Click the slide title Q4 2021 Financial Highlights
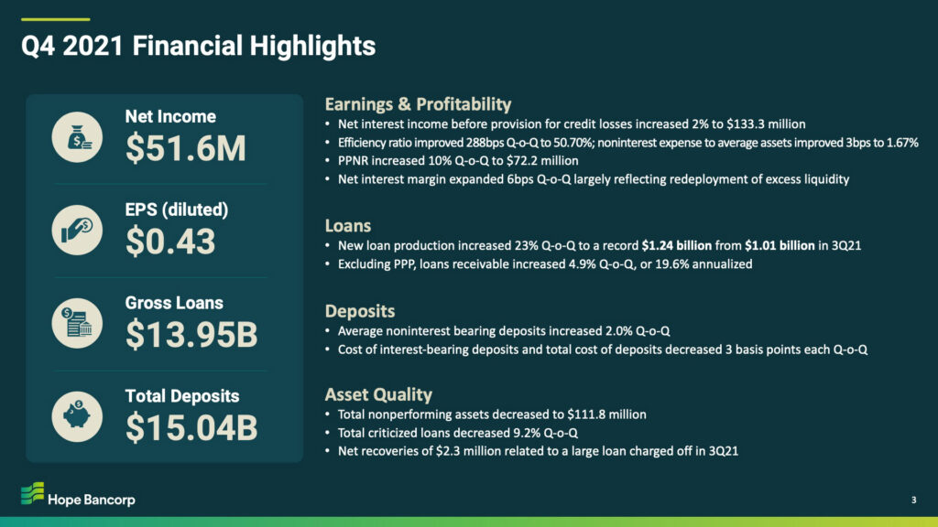pos(198,46)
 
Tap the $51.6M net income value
pos(185,148)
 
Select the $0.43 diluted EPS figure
pos(170,242)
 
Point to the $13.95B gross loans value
pos(191,335)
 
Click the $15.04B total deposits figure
pos(191,428)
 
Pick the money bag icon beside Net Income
pos(77,137)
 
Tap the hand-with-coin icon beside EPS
pos(77,230)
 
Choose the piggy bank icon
pos(77,416)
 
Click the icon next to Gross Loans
pos(77,323)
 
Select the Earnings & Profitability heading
pos(418,104)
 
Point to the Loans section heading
pos(348,226)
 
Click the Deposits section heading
pos(360,311)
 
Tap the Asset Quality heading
pos(378,394)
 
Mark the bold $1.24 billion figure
pos(677,245)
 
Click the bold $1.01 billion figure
pos(780,245)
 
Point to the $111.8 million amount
pos(606,414)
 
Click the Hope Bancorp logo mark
pos(32,493)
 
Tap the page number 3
pos(913,500)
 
